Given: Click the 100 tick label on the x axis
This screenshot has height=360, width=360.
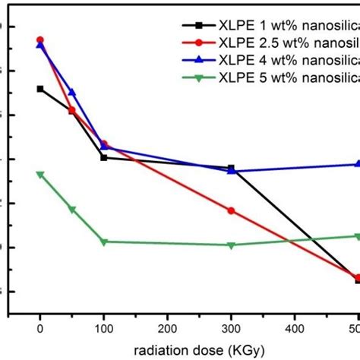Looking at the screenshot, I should [104, 328].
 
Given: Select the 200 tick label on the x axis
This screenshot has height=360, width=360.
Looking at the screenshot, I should [168, 328].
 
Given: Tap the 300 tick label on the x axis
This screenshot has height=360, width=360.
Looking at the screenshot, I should [232, 328].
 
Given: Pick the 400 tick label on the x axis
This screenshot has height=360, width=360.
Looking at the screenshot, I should [295, 328].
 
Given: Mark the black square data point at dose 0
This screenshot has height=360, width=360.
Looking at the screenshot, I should [40, 89].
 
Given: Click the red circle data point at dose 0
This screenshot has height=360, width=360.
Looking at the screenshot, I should [40, 39].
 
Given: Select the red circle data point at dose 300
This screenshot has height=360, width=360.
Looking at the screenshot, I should [232, 210].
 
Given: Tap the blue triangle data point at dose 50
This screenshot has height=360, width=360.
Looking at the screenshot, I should [72, 93].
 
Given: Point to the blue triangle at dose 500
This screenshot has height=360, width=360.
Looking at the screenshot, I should [358, 164].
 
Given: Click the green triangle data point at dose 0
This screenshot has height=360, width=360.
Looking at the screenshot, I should [40, 175].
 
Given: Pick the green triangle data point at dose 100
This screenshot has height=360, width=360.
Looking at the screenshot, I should [104, 242].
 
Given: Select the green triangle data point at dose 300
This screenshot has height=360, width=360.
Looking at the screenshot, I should [232, 245].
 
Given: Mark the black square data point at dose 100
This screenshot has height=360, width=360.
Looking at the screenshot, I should [104, 157].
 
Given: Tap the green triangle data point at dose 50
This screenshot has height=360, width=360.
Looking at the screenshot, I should [72, 210].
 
